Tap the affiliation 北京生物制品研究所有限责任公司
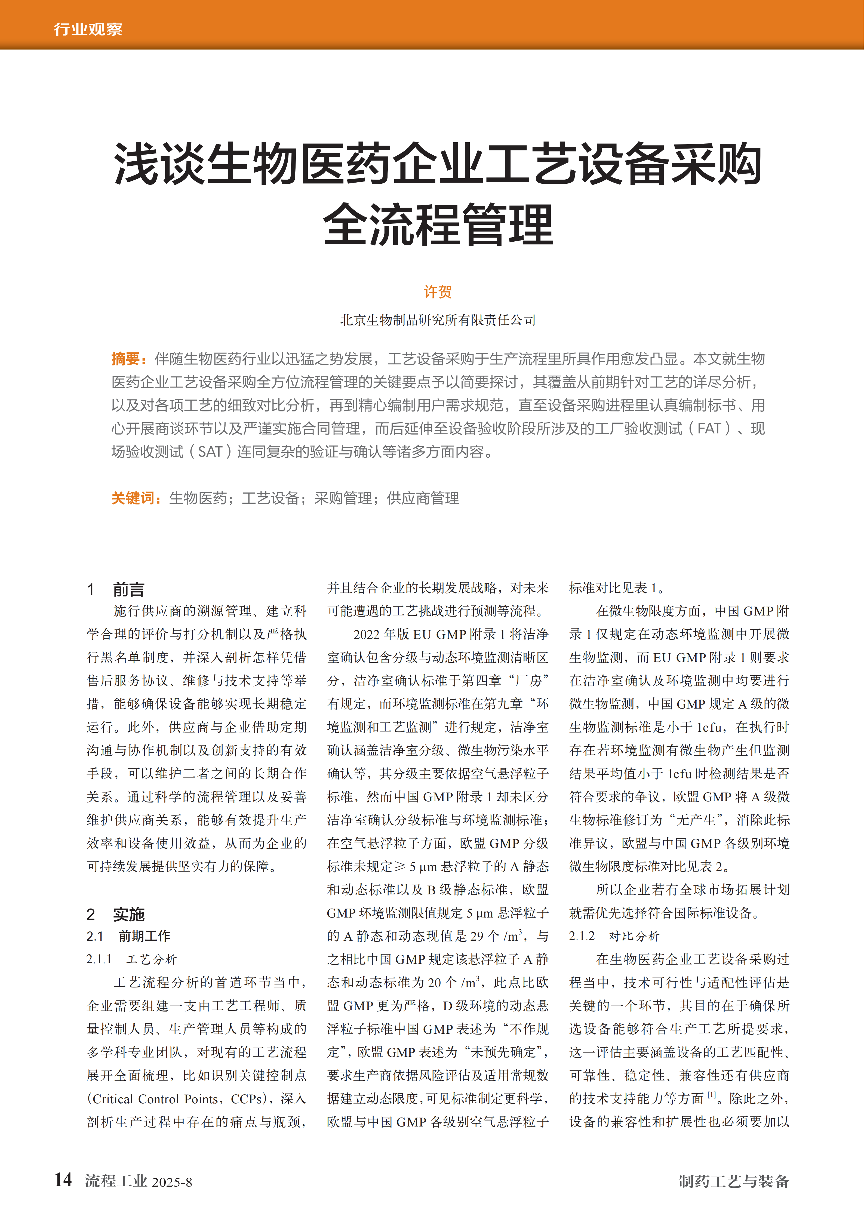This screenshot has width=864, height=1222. coord(438,320)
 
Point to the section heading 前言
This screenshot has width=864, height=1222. coord(128,589)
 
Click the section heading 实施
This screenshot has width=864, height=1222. coord(128,914)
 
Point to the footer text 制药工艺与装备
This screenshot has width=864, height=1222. coord(734,1181)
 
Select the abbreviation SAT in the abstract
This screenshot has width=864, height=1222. coord(210,452)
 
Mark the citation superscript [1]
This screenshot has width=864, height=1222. coord(712,1095)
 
